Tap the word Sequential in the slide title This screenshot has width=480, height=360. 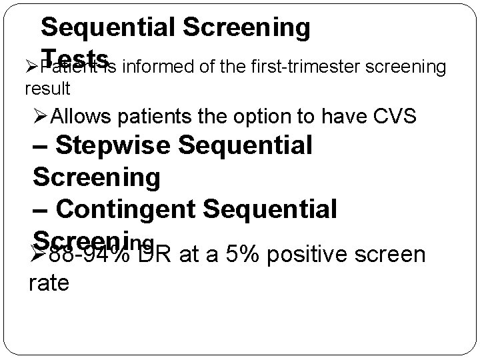point(107,27)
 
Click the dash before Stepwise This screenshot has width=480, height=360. point(41,145)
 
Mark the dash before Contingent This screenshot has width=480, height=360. point(41,209)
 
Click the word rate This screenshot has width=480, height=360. point(50,284)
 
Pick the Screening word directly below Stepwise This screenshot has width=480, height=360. point(97,177)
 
